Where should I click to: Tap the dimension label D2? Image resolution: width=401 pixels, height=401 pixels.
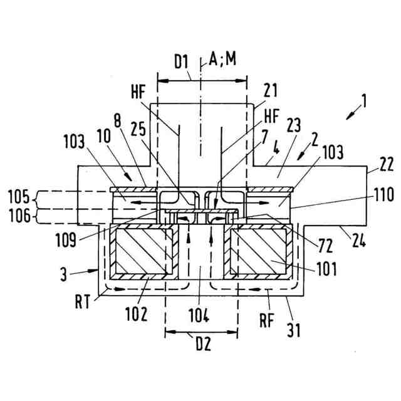point(200,345)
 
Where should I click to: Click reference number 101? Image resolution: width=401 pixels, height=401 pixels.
point(325,271)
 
